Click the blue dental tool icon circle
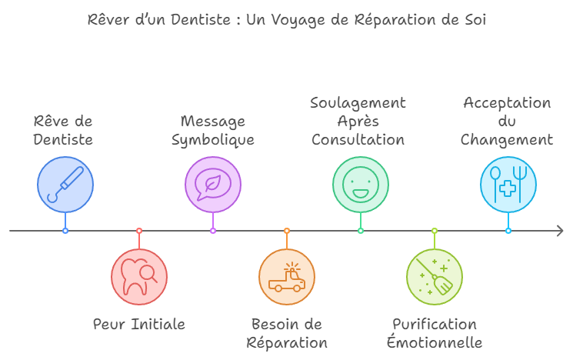pyautogui.click(x=65, y=185)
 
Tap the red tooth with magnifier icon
pyautogui.click(x=139, y=277)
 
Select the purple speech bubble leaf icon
pyautogui.click(x=213, y=185)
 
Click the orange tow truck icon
pyautogui.click(x=287, y=277)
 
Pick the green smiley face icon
pyautogui.click(x=361, y=185)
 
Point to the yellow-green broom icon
pyautogui.click(x=435, y=277)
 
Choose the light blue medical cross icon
pyautogui.click(x=508, y=185)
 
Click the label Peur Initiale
pyautogui.click(x=139, y=324)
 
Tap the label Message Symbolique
pyautogui.click(x=213, y=131)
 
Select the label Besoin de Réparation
pyautogui.click(x=287, y=333)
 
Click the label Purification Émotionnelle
pyautogui.click(x=435, y=333)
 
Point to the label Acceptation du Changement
pyautogui.click(x=507, y=122)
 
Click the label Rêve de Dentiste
pyautogui.click(x=63, y=131)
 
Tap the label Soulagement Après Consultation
pyautogui.click(x=358, y=122)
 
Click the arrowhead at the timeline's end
pyautogui.click(x=560, y=231)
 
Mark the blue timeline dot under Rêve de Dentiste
pyautogui.click(x=65, y=231)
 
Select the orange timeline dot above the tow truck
pyautogui.click(x=287, y=231)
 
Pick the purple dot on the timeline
pyautogui.click(x=213, y=231)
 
